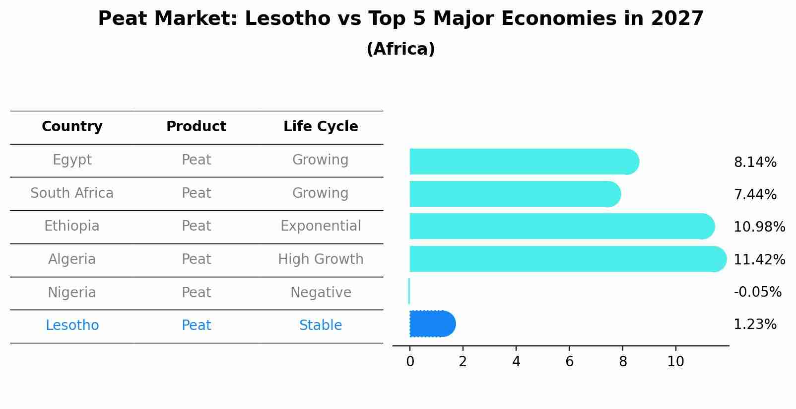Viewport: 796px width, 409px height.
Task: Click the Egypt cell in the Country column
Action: click(x=72, y=160)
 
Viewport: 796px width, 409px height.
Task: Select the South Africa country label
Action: click(x=72, y=193)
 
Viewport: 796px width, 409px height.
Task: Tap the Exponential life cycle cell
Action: click(x=321, y=226)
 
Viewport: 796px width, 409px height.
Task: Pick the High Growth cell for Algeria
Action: click(x=321, y=259)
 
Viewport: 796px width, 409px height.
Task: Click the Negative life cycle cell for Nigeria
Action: click(x=321, y=292)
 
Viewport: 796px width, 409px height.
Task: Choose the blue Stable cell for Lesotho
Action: click(x=321, y=326)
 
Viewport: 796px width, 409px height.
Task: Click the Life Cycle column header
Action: click(x=321, y=127)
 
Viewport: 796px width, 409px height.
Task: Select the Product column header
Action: click(x=196, y=127)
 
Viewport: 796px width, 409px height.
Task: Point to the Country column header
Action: click(x=72, y=127)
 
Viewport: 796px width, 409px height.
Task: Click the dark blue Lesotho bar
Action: click(x=431, y=324)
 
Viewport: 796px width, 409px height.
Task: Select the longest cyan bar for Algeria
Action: click(x=566, y=259)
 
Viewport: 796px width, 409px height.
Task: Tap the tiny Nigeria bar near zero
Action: click(x=409, y=291)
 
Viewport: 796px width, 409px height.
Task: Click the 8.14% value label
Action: click(x=755, y=163)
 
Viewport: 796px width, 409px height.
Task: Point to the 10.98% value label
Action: click(x=759, y=227)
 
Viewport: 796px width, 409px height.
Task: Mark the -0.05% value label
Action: click(x=757, y=292)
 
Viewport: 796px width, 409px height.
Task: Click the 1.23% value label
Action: click(x=755, y=325)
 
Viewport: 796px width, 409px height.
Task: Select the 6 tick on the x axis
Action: click(x=569, y=362)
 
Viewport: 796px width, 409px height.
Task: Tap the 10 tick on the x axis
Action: click(x=675, y=362)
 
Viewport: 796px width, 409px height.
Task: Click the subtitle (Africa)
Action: click(x=400, y=49)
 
